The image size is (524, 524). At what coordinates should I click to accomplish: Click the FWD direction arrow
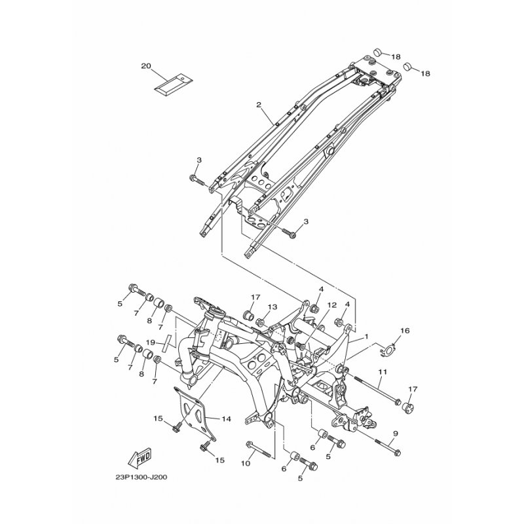(140, 458)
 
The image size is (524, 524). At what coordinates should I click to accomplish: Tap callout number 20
(146, 66)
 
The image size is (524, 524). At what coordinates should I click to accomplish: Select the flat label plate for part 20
(174, 84)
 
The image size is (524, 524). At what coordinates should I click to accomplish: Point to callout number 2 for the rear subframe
(258, 105)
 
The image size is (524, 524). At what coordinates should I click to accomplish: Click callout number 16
(405, 331)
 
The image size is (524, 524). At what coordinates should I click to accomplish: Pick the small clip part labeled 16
(388, 350)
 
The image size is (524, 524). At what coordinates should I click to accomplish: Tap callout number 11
(383, 371)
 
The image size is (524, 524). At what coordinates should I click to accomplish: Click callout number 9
(396, 434)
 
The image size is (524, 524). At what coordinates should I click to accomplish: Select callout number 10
(245, 463)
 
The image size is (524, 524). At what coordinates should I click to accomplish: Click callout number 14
(226, 419)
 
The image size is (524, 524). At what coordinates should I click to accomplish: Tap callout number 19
(151, 342)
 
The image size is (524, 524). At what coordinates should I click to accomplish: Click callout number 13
(272, 307)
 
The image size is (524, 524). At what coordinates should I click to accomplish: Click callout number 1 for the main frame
(366, 337)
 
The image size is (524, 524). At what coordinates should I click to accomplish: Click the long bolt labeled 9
(388, 447)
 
